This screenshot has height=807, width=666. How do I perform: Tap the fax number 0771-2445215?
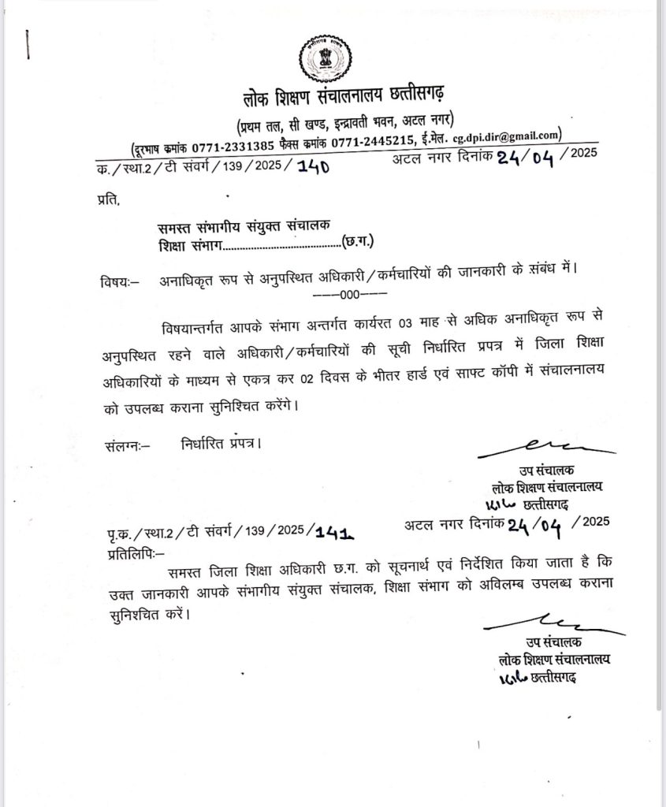click(x=373, y=143)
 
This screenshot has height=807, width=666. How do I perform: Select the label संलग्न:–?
click(x=126, y=444)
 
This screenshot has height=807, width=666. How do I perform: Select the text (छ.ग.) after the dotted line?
click(x=359, y=242)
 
